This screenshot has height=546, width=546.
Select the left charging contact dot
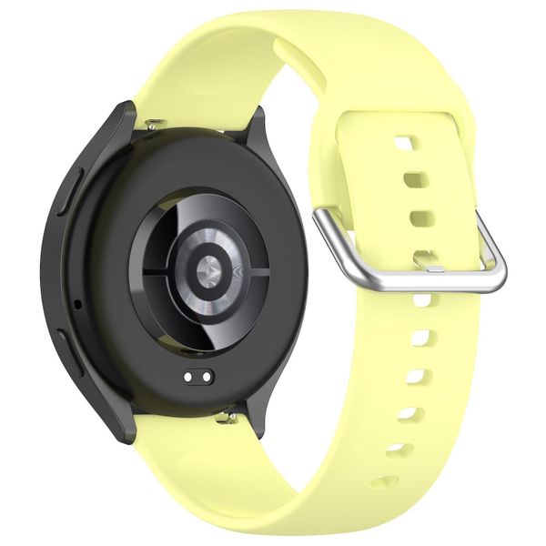click(x=187, y=376)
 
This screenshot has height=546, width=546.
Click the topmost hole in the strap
click(x=404, y=143)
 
